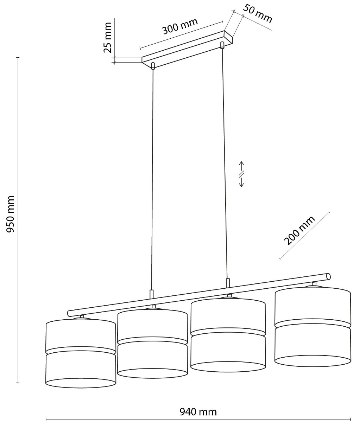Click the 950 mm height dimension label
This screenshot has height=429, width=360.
pyautogui.click(x=10, y=214)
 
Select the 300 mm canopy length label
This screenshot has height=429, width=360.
pyautogui.click(x=180, y=26)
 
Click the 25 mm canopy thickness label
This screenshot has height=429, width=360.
pyautogui.click(x=107, y=37)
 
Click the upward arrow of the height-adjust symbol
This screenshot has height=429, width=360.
pyautogui.click(x=241, y=166)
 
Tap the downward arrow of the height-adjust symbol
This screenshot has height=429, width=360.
pyautogui.click(x=241, y=182)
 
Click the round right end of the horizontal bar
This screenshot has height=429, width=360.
pyautogui.click(x=329, y=276)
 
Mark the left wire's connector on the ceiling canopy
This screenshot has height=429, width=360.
pyautogui.click(x=153, y=66)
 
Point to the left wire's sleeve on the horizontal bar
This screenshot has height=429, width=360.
pyautogui.click(x=152, y=294)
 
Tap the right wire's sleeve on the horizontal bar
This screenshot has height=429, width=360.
pyautogui.click(x=228, y=283)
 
